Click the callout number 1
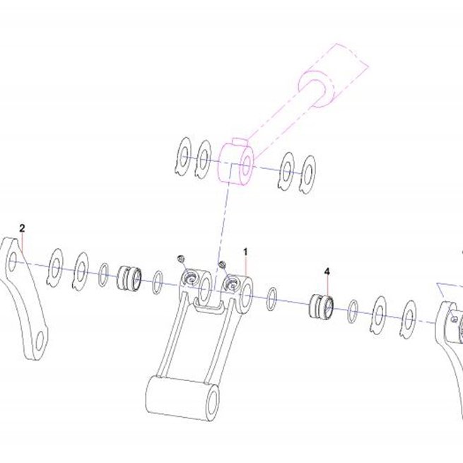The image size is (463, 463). pos(245,252)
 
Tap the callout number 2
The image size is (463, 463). pos(22,228)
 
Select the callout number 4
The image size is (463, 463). pos(327,271)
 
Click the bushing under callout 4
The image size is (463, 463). pos(321,307)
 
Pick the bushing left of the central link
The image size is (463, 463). pos(129,279)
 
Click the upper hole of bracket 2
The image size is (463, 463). pos(12,262)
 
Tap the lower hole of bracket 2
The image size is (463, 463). pos(40,341)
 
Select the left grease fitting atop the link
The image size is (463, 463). pos(181,259)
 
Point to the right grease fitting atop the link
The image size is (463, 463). pos(223,264)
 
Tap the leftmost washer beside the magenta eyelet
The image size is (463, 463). pos(183,157)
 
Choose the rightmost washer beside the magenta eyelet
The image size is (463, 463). pos(307,175)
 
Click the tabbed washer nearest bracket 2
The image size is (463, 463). pos(55,268)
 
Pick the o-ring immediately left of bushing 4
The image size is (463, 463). pos(271,299)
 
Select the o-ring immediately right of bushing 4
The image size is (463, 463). pos(353,311)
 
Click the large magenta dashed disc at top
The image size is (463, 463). pos(317,88)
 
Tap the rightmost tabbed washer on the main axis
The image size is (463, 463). pos(408,320)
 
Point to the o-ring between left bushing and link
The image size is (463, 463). pos(158,283)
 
